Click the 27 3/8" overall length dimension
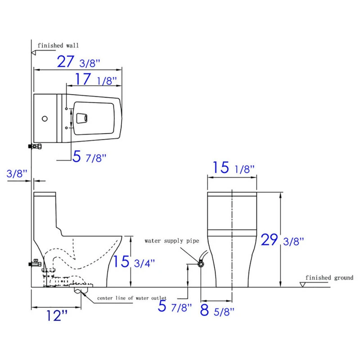tap(78, 62)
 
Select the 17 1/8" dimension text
tap(96, 80)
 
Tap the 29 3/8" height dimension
tap(282, 240)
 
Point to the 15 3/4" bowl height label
tap(134, 261)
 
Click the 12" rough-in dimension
tap(57, 315)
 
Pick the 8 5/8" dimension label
tap(217, 310)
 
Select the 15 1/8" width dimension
tap(234, 167)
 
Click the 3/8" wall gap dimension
tap(17, 174)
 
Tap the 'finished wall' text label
tap(58, 45)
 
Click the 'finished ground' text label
tap(329, 278)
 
